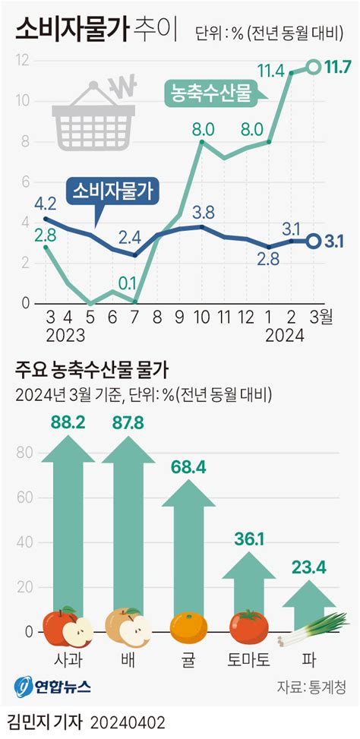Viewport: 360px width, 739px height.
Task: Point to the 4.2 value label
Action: coord(46,203)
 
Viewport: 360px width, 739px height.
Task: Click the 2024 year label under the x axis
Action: coord(284,334)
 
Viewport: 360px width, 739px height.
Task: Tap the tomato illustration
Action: coord(248,627)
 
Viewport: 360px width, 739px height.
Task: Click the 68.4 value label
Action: coord(188,467)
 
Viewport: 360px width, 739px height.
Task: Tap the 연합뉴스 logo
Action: coord(52,687)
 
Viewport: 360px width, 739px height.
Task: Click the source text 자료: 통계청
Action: coord(311,687)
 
